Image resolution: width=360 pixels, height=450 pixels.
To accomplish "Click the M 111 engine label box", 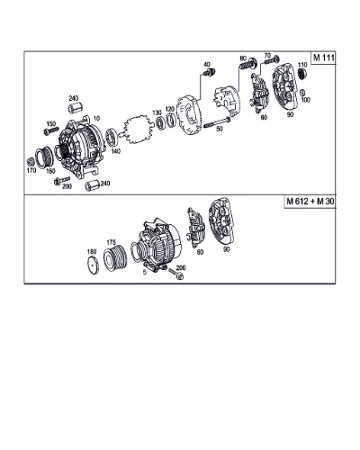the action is point(323,58).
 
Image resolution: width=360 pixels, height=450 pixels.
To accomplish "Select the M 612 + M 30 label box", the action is point(310,202).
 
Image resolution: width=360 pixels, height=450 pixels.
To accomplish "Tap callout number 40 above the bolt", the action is point(207,65).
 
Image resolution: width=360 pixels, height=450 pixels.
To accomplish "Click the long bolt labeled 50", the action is point(217,122).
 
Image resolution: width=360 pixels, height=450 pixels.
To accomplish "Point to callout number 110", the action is point(302,65).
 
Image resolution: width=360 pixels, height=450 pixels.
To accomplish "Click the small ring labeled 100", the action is point(302,93).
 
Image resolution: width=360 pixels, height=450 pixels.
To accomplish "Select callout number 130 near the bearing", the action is point(157,112).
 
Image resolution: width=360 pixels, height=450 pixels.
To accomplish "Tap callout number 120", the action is point(170,109).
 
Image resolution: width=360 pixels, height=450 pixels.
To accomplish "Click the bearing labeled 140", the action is point(112,137).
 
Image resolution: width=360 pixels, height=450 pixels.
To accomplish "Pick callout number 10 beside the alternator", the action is point(96,119).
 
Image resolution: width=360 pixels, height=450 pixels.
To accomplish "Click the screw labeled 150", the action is point(50,130).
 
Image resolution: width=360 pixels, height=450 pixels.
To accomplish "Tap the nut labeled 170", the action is point(30,162).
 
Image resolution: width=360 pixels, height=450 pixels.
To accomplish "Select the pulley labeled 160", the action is point(44,157).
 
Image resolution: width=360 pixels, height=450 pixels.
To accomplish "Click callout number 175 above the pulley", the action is point(112,242).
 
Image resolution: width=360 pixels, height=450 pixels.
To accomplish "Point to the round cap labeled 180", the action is point(93,265).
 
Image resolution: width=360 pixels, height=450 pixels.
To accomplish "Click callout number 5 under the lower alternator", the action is point(145,272).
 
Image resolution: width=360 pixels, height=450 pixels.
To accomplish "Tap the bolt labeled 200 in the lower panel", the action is point(176,274).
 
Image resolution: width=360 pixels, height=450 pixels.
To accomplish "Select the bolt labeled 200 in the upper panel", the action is point(62,181).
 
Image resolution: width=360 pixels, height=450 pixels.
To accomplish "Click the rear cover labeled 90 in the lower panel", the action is point(221,221).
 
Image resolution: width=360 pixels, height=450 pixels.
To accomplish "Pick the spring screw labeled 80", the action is point(248,64).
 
